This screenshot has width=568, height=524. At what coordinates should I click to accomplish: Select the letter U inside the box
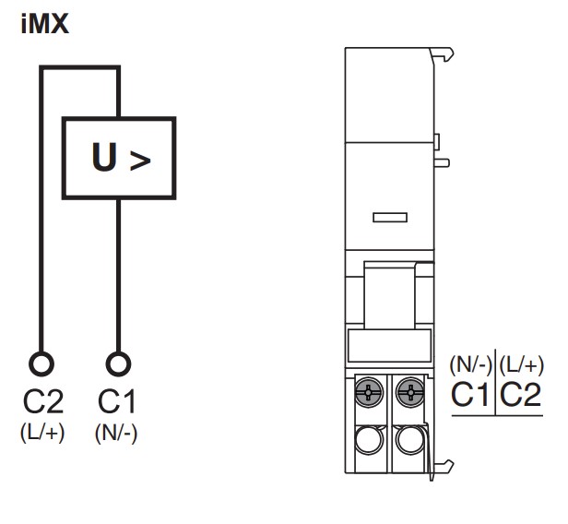tap(104, 159)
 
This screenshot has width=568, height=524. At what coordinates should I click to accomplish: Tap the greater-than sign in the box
tap(139, 161)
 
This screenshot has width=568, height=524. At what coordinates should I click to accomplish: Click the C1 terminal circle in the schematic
tap(116, 363)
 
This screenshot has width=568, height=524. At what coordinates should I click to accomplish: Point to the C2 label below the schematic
tap(42, 403)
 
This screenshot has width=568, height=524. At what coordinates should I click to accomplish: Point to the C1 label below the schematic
tap(116, 403)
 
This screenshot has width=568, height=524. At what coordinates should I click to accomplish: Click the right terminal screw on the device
tap(407, 394)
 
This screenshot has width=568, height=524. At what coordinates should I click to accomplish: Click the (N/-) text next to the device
tap(471, 364)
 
